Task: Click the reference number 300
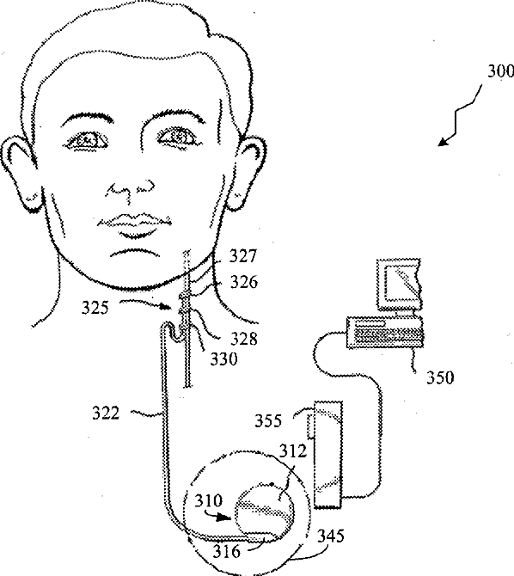(500, 70)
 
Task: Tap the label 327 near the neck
(243, 255)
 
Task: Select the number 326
(244, 282)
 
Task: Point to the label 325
(95, 308)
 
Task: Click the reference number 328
(244, 339)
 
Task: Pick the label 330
(223, 358)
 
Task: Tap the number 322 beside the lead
(106, 414)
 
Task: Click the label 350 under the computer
(440, 377)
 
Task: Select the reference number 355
(268, 420)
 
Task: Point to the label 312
(293, 450)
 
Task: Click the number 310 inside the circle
(209, 500)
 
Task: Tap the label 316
(227, 551)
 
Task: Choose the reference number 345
(331, 536)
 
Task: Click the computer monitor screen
(401, 280)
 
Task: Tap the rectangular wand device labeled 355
(327, 455)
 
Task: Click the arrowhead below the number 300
(444, 142)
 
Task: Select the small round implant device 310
(264, 510)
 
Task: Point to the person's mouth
(134, 224)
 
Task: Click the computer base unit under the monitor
(385, 333)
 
